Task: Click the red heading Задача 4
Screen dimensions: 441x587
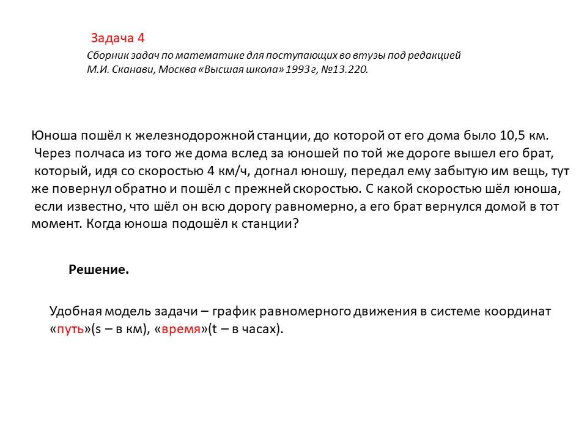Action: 118,39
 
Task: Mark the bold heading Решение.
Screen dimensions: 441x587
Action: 98,270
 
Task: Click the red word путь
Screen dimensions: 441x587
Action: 70,329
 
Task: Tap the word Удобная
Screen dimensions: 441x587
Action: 75,311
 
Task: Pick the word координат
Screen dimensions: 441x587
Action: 521,311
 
